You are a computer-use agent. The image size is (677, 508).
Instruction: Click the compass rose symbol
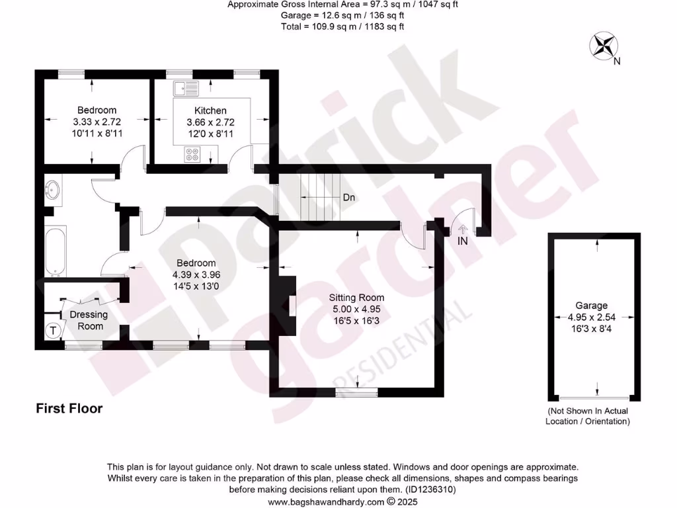click(602, 46)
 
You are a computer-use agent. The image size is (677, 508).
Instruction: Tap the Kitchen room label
click(210, 110)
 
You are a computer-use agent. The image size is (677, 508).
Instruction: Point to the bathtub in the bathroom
click(56, 251)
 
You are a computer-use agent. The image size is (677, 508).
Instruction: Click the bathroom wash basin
click(52, 190)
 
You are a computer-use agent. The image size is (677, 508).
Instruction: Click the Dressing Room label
click(91, 321)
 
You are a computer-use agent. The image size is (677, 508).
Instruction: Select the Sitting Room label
click(357, 298)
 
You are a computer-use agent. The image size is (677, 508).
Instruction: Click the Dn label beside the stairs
click(350, 197)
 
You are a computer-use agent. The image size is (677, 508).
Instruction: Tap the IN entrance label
click(463, 241)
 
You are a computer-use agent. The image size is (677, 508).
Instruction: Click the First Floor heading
click(69, 409)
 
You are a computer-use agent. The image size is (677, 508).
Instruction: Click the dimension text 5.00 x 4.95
click(357, 309)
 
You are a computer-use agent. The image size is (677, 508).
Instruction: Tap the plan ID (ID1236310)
click(430, 490)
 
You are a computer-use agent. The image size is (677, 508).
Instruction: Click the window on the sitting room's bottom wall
click(357, 393)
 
